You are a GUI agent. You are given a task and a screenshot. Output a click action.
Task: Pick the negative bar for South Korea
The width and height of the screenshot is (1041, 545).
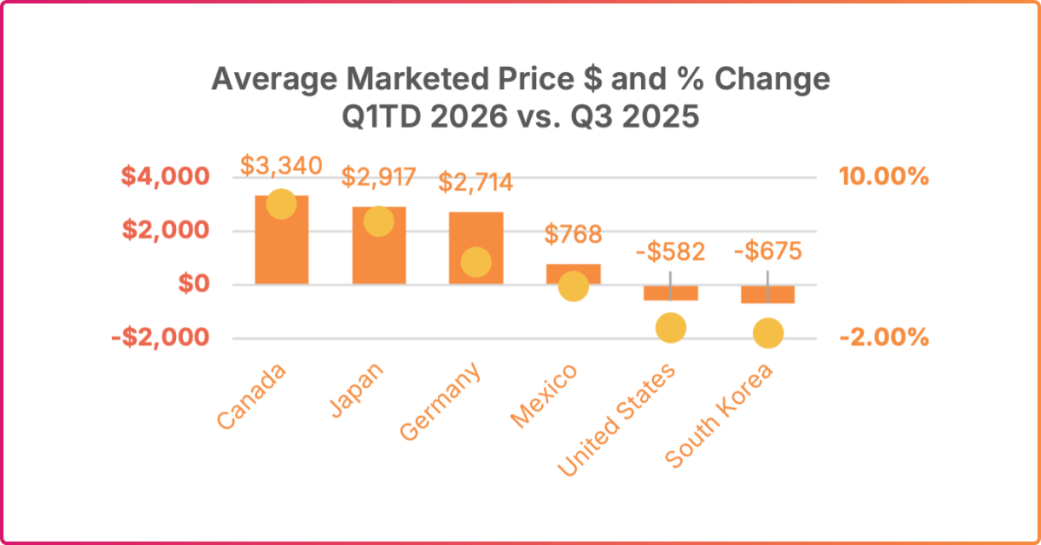768,294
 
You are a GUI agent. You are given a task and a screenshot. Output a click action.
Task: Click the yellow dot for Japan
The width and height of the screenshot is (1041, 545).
379,221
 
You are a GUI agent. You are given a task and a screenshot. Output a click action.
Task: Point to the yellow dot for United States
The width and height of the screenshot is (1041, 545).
671,327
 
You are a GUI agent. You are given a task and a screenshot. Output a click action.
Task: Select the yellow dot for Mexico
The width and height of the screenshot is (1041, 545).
573,286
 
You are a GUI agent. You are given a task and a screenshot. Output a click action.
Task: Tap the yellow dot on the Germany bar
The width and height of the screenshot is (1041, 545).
476,262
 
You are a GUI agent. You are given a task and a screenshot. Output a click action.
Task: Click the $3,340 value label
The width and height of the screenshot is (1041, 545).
280,165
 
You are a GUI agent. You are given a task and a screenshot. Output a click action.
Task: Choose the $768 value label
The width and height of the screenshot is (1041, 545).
573,234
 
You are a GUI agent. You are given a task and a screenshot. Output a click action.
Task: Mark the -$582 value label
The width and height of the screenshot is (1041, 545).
671,253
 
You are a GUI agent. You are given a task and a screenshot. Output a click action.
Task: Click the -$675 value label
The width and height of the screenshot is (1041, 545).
768,253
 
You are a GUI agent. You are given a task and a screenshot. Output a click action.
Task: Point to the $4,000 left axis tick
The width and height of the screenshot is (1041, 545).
165,177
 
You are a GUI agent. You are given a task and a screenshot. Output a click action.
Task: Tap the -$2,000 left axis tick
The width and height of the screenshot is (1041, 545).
160,337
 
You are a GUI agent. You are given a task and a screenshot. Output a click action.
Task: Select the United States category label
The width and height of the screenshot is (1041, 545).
617,420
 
